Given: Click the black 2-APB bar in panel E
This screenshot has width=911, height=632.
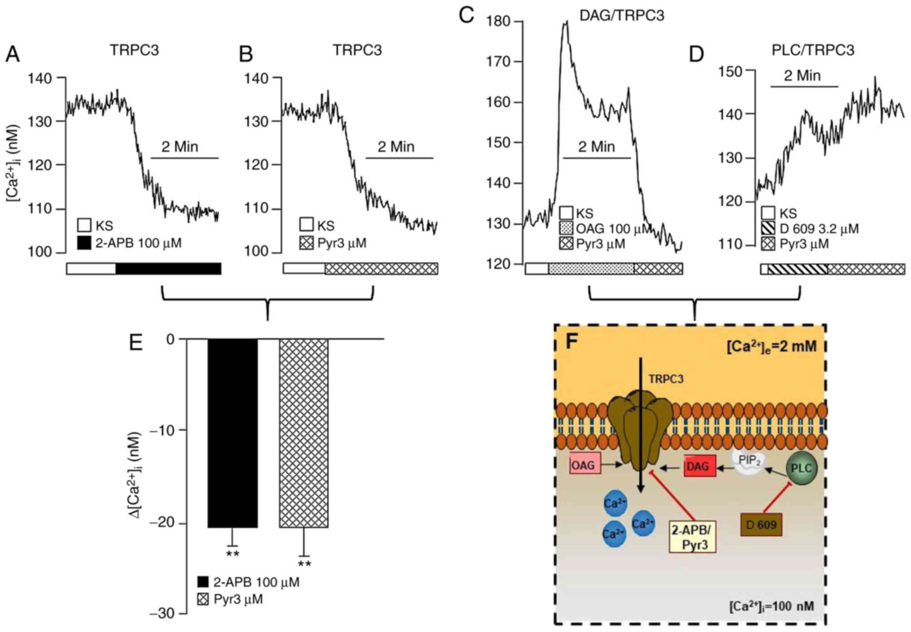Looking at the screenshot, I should (233, 433).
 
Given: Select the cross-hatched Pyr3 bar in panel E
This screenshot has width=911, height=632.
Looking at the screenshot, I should (304, 433).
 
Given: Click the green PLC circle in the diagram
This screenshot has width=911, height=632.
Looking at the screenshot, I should (801, 468).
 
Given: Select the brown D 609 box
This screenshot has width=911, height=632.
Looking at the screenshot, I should (761, 524).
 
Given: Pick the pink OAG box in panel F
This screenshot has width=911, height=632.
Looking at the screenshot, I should (585, 465).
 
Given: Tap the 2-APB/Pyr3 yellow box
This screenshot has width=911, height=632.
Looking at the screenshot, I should (692, 537).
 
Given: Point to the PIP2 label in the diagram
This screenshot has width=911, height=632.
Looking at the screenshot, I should (749, 460).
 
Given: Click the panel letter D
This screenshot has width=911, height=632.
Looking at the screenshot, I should (696, 55).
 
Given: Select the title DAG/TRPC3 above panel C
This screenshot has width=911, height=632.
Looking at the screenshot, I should (621, 16).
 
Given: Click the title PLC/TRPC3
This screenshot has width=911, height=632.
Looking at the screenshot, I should (812, 50).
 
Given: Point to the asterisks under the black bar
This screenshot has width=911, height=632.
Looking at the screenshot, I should (232, 554).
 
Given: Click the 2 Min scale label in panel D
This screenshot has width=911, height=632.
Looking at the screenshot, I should (802, 76).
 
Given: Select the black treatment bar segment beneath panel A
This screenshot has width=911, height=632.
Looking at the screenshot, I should (168, 268).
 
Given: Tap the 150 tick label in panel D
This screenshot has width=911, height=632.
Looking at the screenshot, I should (730, 71).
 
